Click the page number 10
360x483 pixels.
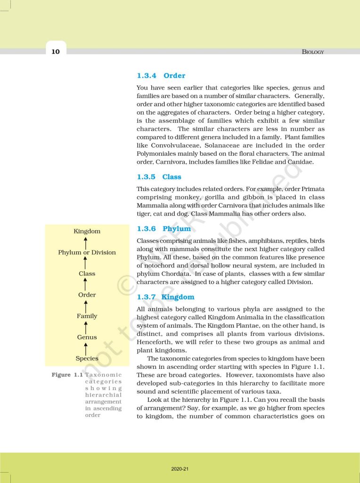click(56, 51)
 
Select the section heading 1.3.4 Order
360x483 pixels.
click(161, 75)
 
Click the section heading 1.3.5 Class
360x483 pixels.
click(159, 177)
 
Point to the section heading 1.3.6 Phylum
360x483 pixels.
click(164, 229)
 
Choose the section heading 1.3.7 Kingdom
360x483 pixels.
click(165, 297)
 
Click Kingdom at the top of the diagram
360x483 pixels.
click(87, 231)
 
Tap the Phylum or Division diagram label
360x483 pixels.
click(87, 252)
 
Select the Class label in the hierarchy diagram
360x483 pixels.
click(87, 274)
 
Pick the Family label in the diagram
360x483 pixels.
click(87, 316)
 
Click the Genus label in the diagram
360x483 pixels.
click(87, 337)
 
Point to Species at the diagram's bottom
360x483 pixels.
click(87, 358)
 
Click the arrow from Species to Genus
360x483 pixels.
click(86, 348)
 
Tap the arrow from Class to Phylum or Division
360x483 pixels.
click(86, 263)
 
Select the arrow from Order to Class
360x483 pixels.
click(86, 284)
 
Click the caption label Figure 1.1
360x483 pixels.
click(67, 375)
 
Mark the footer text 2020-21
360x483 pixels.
click(180, 469)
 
